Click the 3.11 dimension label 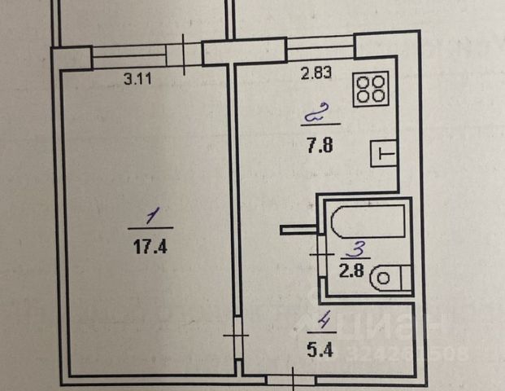pos(138,80)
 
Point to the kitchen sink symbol pos(383,152)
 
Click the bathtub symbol pos(364,220)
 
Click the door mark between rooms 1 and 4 pos(237,334)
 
